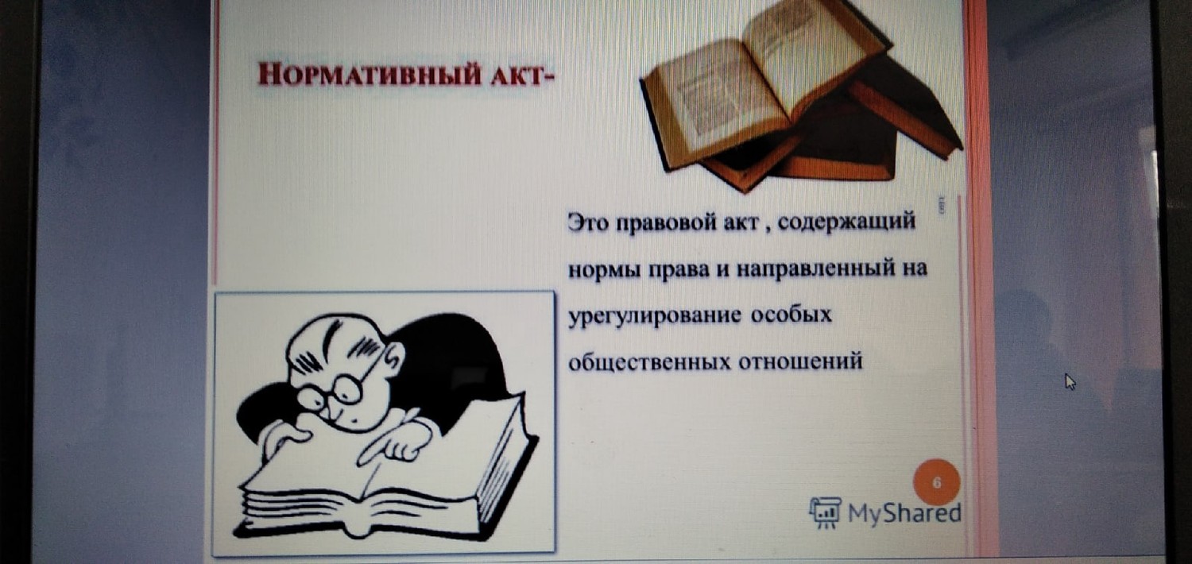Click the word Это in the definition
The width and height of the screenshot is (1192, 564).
[587, 222]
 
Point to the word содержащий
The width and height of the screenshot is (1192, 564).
[846, 222]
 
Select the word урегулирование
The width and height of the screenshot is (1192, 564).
[655, 316]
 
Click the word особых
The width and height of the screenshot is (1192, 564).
[791, 315]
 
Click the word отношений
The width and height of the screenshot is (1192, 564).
[800, 361]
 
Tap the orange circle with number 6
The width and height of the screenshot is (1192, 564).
[937, 483]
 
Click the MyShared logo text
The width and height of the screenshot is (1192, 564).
[904, 513]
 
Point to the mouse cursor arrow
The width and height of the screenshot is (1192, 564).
[1070, 381]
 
